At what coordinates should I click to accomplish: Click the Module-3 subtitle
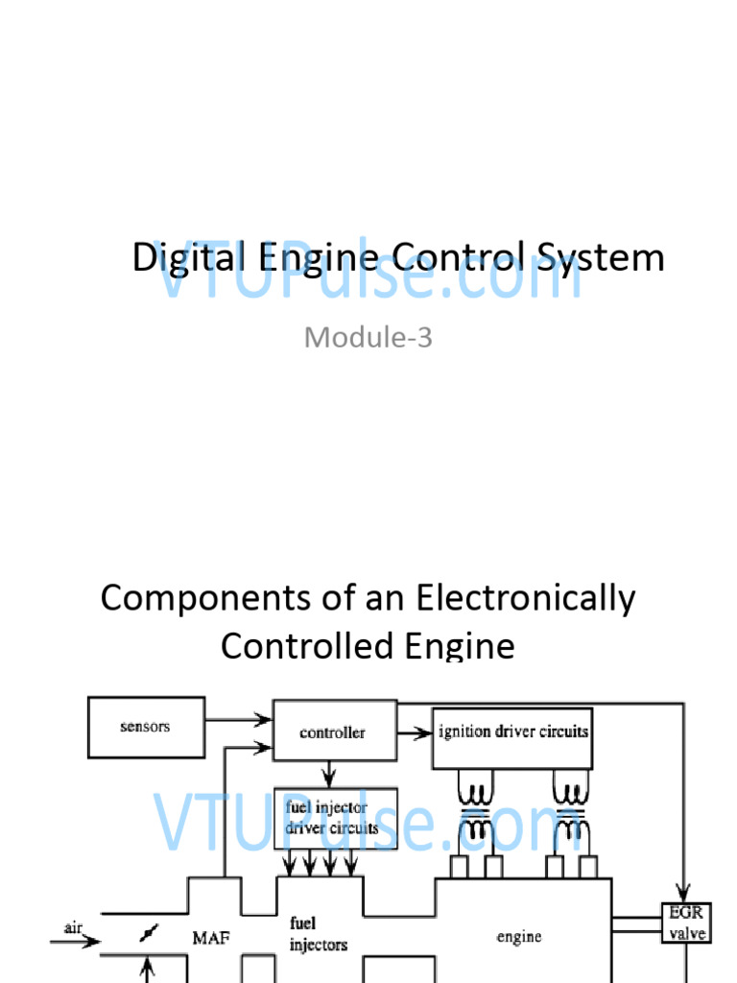[x=368, y=337]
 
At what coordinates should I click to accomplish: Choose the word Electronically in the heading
[x=526, y=599]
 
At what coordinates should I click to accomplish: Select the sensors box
[x=145, y=727]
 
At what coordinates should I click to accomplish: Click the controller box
[x=332, y=732]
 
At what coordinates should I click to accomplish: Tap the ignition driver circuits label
[x=512, y=731]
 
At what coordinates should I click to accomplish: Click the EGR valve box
[x=685, y=922]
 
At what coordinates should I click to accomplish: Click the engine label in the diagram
[x=519, y=937]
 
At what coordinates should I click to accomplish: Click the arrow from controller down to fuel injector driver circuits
[x=329, y=771]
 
